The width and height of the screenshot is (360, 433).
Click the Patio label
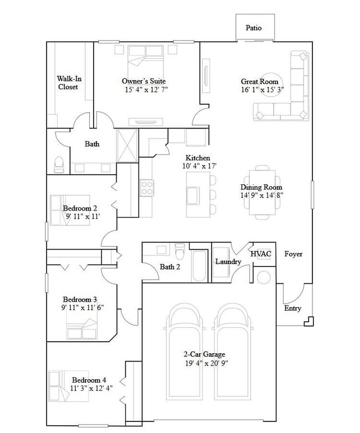point(254,28)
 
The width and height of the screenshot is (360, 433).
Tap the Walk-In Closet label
point(68,83)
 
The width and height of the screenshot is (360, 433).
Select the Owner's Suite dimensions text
point(146,90)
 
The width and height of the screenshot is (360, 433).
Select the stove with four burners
point(147,188)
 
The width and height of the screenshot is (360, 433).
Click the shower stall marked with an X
point(127,146)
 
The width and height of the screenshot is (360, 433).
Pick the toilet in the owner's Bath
point(59,164)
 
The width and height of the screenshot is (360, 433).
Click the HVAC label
point(261,254)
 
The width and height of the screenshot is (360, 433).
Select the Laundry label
point(227,261)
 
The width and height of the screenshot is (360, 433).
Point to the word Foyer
point(293,254)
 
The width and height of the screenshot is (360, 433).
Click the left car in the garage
point(186,349)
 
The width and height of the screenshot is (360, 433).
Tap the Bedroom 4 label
point(89,380)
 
